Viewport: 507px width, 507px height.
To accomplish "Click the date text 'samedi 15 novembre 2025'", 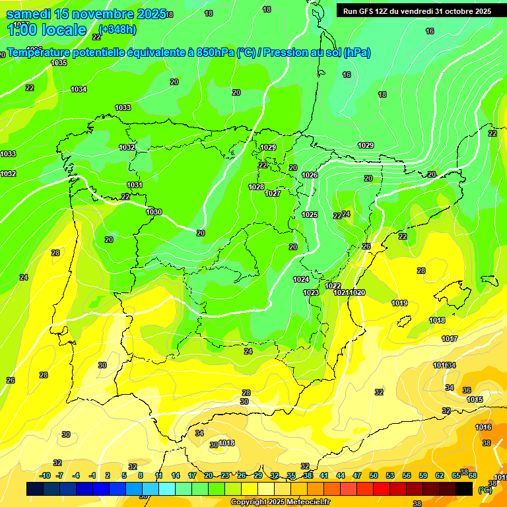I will click(x=86, y=14).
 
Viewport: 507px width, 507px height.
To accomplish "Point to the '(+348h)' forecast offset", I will click(x=117, y=29).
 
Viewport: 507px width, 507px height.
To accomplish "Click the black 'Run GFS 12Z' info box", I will click(x=417, y=11).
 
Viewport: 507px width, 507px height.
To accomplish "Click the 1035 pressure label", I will click(x=59, y=63).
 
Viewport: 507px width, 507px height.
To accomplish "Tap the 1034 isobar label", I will click(x=79, y=89).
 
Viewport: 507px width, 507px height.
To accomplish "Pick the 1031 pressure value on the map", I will click(x=135, y=186).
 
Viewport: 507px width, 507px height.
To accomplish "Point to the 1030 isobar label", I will click(x=154, y=212).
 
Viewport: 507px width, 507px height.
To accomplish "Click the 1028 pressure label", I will click(x=256, y=187).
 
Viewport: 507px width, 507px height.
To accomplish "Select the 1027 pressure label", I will click(x=273, y=193).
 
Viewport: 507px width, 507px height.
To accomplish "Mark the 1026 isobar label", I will click(x=310, y=175).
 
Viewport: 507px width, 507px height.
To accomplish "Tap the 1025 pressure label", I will click(x=310, y=215).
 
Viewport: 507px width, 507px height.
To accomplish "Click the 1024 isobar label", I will click(x=301, y=279).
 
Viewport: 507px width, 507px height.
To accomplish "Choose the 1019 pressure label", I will click(x=399, y=304).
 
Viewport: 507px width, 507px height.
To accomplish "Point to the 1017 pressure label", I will click(x=450, y=339).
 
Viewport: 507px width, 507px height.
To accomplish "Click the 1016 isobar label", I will click(x=483, y=427).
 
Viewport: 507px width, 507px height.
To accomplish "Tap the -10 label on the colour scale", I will click(x=46, y=475).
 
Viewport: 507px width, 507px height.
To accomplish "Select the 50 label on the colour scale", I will click(x=374, y=475).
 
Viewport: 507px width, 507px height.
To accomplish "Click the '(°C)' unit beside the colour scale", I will click(x=485, y=489).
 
